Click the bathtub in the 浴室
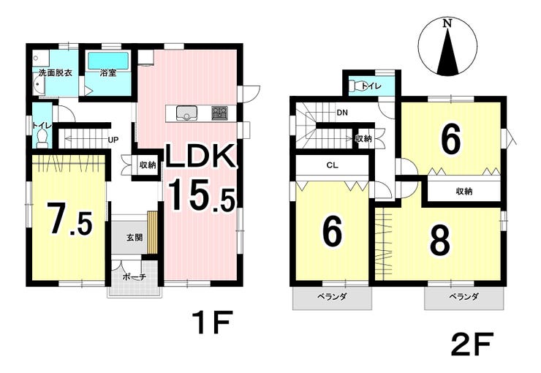[109, 61]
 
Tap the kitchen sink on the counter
[186, 113]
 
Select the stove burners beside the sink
[219, 113]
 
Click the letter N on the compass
[447, 23]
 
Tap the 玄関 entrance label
[135, 238]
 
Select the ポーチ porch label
[135, 276]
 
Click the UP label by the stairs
[113, 140]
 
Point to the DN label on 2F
[342, 113]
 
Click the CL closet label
[332, 165]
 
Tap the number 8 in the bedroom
[440, 241]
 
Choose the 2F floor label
[472, 343]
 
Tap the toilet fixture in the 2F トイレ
[357, 86]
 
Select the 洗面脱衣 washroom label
[56, 73]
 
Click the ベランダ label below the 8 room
[464, 296]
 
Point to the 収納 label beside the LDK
[148, 165]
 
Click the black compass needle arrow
[448, 52]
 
